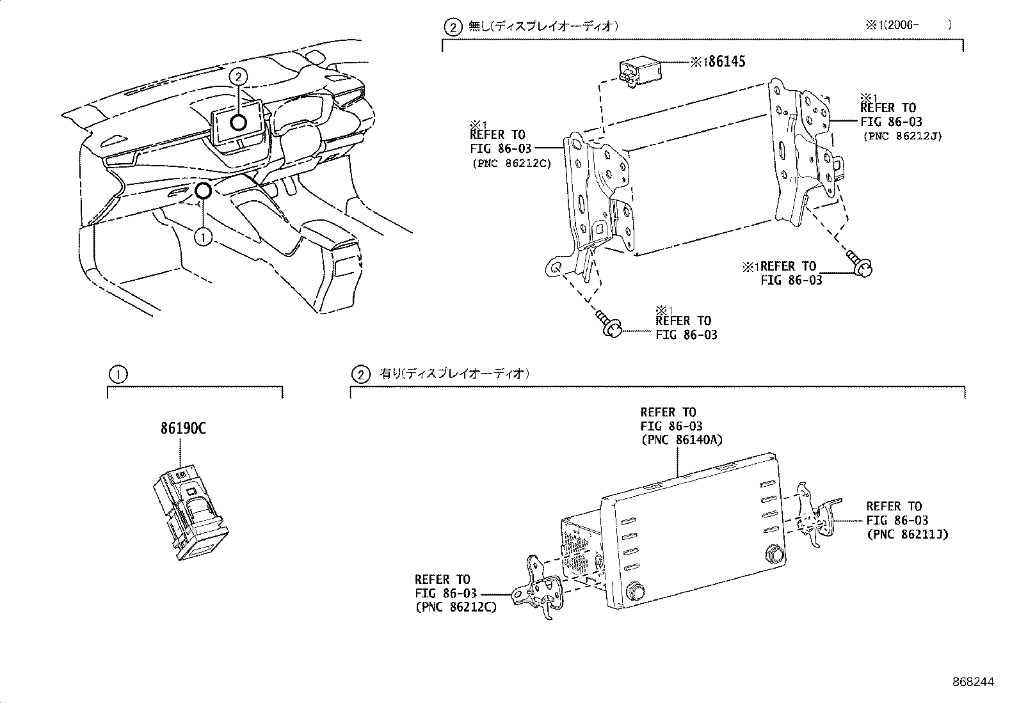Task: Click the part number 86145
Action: click(x=723, y=62)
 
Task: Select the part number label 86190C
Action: click(x=183, y=429)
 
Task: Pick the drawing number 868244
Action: click(x=973, y=683)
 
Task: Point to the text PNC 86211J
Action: click(x=907, y=534)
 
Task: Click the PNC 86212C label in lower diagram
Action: click(x=456, y=607)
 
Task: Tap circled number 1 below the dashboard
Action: click(x=203, y=237)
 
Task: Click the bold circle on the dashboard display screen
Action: click(x=239, y=123)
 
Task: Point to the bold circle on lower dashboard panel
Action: click(x=203, y=190)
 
